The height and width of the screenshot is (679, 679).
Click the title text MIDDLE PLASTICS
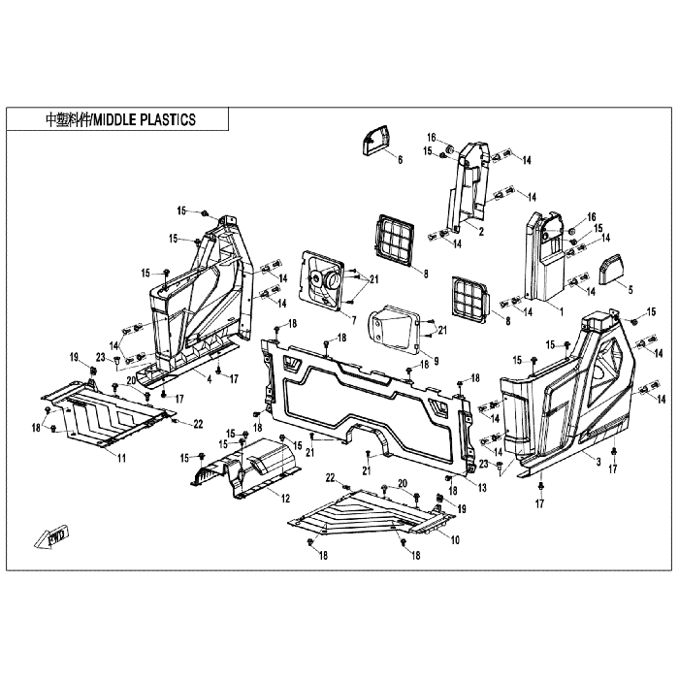coord(145,119)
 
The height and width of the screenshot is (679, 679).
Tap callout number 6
coord(400,160)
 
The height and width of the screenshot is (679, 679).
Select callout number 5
coord(630,289)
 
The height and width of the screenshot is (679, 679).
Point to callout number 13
coord(482,488)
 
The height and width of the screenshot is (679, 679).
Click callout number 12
coord(285,499)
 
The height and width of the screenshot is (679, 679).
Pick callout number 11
coord(121,458)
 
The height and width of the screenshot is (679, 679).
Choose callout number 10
coord(455,540)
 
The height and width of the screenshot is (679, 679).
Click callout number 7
coord(354,320)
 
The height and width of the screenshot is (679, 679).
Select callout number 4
coord(210,380)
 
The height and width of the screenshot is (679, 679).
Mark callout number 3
coord(598,462)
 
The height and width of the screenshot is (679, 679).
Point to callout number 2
coord(481,231)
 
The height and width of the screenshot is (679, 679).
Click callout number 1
coord(562,311)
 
